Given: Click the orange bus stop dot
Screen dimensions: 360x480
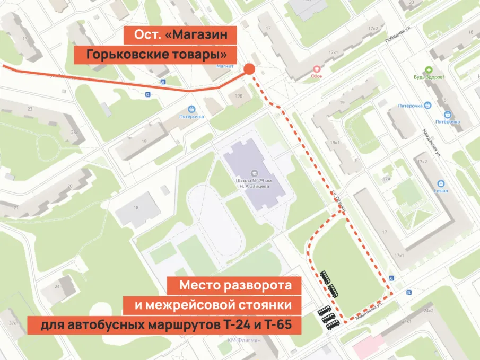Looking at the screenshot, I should (250, 69).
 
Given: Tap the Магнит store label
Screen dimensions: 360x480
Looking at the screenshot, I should (225, 67).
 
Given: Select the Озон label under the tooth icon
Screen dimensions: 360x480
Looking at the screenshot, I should (317, 76).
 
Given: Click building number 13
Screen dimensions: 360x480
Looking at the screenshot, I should (24, 39).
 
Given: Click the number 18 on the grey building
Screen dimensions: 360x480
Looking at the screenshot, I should (136, 208).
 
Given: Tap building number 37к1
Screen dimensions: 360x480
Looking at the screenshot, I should (13, 322).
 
